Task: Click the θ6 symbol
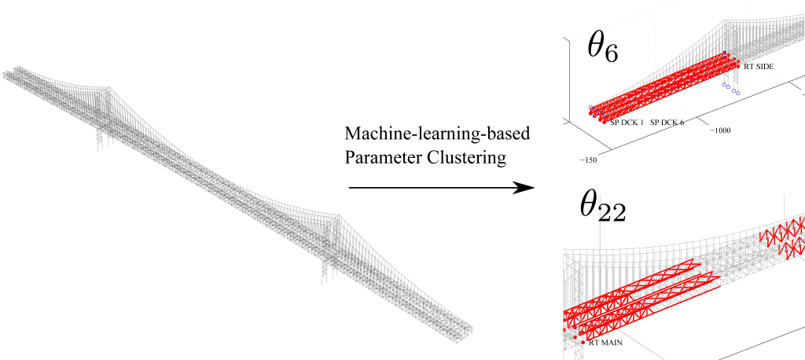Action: (603, 49)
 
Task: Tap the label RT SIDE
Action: (759, 68)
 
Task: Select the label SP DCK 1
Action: (627, 123)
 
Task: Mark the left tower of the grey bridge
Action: (101, 118)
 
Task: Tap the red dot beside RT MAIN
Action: (583, 342)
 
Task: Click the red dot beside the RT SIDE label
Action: (737, 66)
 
